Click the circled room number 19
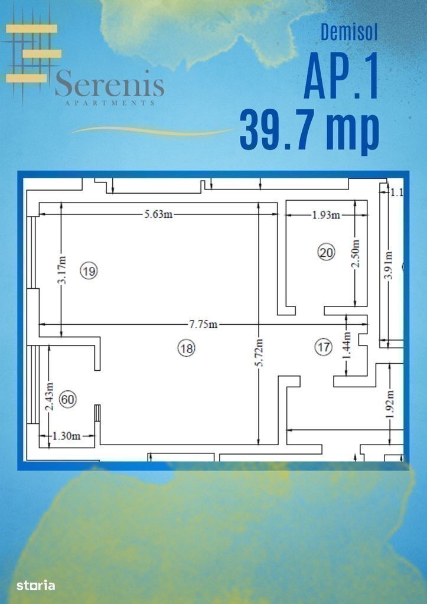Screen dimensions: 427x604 [89, 271]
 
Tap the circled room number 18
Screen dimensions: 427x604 [186, 348]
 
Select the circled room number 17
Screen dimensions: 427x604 [323, 347]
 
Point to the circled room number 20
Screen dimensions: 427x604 [326, 253]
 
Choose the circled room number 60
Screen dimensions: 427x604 [67, 399]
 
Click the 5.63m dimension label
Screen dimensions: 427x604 [158, 214]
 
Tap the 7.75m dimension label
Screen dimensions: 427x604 [203, 324]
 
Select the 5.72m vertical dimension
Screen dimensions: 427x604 [259, 352]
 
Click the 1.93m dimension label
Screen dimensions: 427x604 [326, 215]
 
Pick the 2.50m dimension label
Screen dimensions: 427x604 [356, 253]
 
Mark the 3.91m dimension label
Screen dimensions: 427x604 [389, 266]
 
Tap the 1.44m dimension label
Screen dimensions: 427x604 [347, 345]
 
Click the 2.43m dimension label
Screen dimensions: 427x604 [50, 396]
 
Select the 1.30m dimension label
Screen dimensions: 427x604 [66, 436]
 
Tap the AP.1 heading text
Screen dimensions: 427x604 [341, 76]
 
